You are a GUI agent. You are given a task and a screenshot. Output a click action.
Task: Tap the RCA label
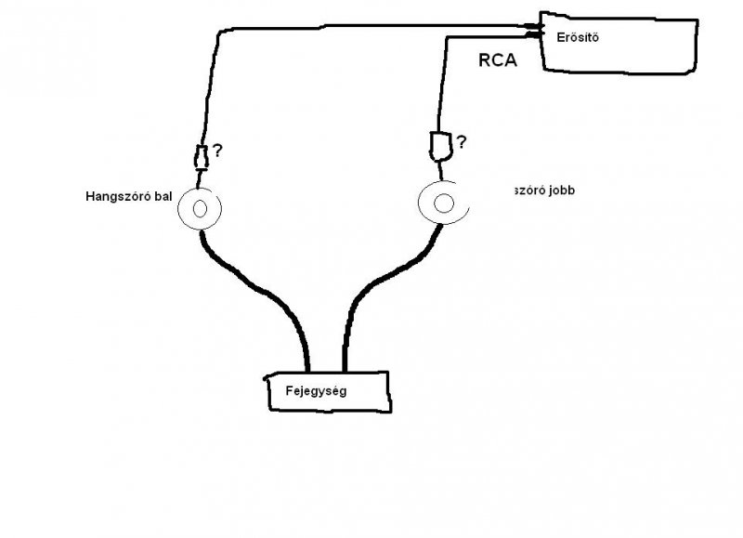pyautogui.click(x=497, y=62)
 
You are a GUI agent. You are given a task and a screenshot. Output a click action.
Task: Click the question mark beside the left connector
pyautogui.click(x=217, y=150)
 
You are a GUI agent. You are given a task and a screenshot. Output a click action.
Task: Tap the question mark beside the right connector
pyautogui.click(x=461, y=142)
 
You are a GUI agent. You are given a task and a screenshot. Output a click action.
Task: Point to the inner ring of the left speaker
pyautogui.click(x=199, y=209)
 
